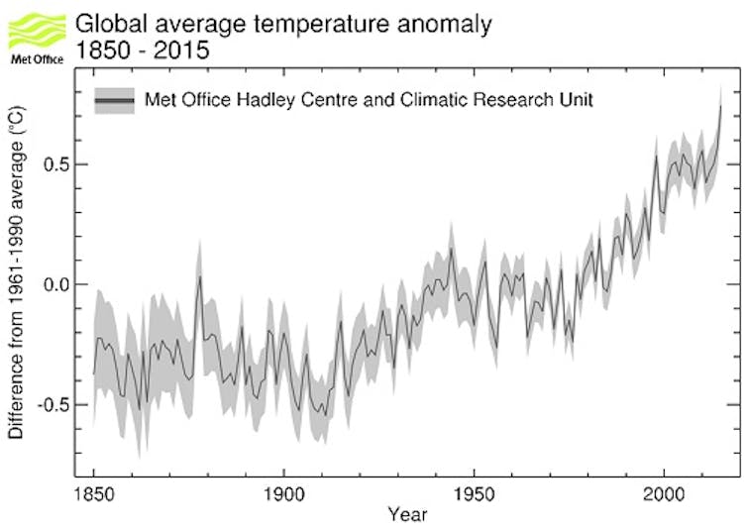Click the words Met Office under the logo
(x=36, y=58)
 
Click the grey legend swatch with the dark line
(x=114, y=99)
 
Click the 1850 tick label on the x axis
(x=93, y=490)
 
